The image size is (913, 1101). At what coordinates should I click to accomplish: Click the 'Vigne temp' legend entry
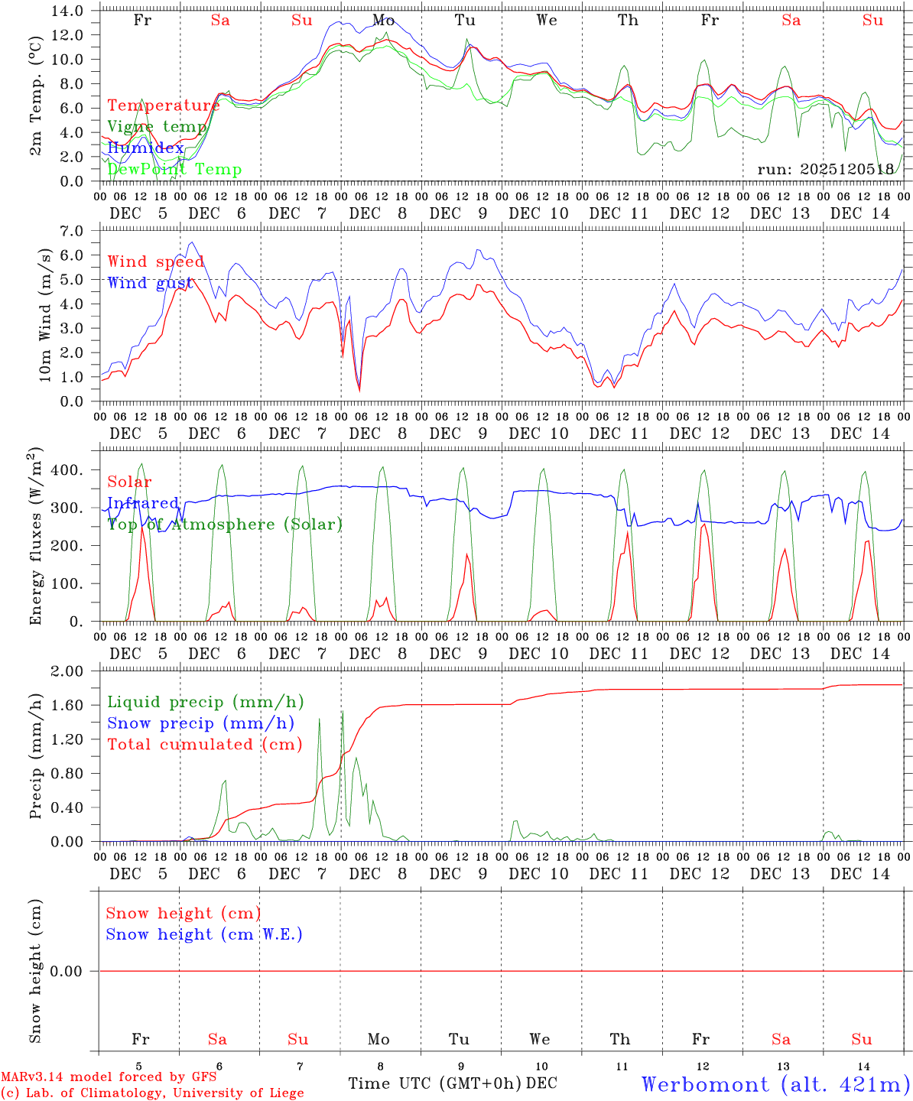157,127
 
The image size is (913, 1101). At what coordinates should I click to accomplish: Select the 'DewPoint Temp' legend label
174,170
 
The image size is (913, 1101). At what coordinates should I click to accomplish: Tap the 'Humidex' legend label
145,148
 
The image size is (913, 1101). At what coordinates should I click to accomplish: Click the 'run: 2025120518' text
825,170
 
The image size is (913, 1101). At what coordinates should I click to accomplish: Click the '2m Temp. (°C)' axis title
35,106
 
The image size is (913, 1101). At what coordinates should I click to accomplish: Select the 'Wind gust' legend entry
150,283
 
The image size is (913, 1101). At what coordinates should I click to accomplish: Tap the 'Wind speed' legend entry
156,261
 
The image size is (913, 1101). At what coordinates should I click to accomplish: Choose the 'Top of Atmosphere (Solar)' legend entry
225,525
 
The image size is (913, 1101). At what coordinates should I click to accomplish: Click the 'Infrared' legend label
143,503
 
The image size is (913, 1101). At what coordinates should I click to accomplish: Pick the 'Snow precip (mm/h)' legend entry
200,723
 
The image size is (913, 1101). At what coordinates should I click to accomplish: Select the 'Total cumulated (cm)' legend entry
205,745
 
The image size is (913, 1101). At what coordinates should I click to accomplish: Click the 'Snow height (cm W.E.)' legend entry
204,934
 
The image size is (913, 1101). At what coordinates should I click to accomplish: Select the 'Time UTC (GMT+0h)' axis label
434,1083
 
